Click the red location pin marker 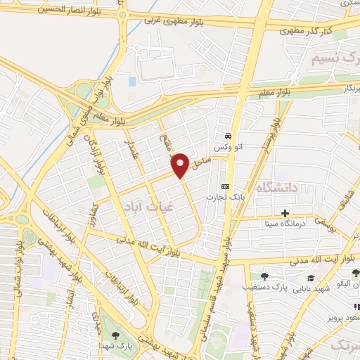pyautogui.click(x=181, y=165)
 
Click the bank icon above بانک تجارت pyautogui.click(x=224, y=186)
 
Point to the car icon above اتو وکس pyautogui.click(x=228, y=136)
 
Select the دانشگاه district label pyautogui.click(x=279, y=187)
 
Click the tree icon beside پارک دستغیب pyautogui.click(x=264, y=276)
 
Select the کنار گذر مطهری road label pyautogui.click(x=309, y=30)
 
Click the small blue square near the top pyautogui.click(x=131, y=82)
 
